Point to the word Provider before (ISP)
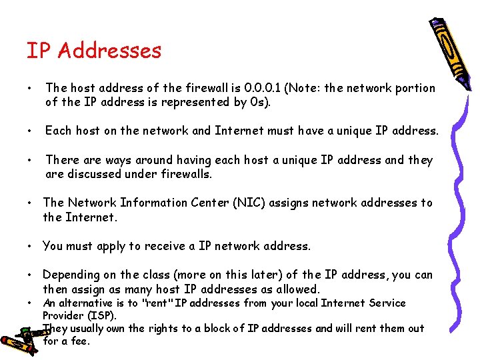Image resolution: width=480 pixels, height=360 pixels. coord(65,315)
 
